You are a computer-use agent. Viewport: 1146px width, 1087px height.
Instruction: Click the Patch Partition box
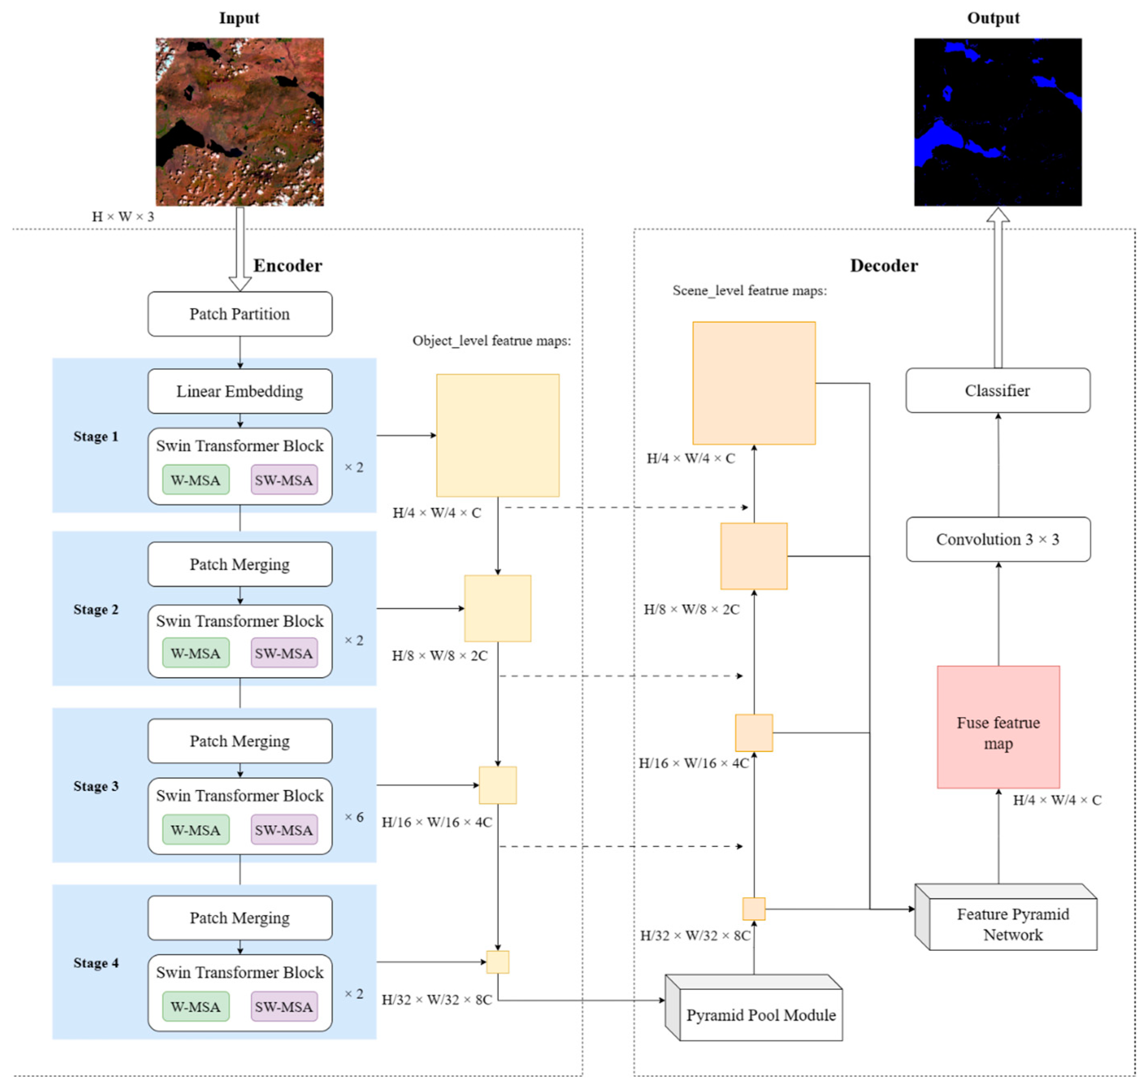pyautogui.click(x=239, y=314)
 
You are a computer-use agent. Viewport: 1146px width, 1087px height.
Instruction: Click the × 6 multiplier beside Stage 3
pyautogui.click(x=354, y=816)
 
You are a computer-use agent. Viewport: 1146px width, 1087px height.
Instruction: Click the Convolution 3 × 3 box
pyautogui.click(x=997, y=539)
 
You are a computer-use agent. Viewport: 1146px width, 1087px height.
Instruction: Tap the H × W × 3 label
pyautogui.click(x=123, y=217)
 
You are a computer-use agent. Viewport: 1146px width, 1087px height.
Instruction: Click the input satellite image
pyautogui.click(x=239, y=122)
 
